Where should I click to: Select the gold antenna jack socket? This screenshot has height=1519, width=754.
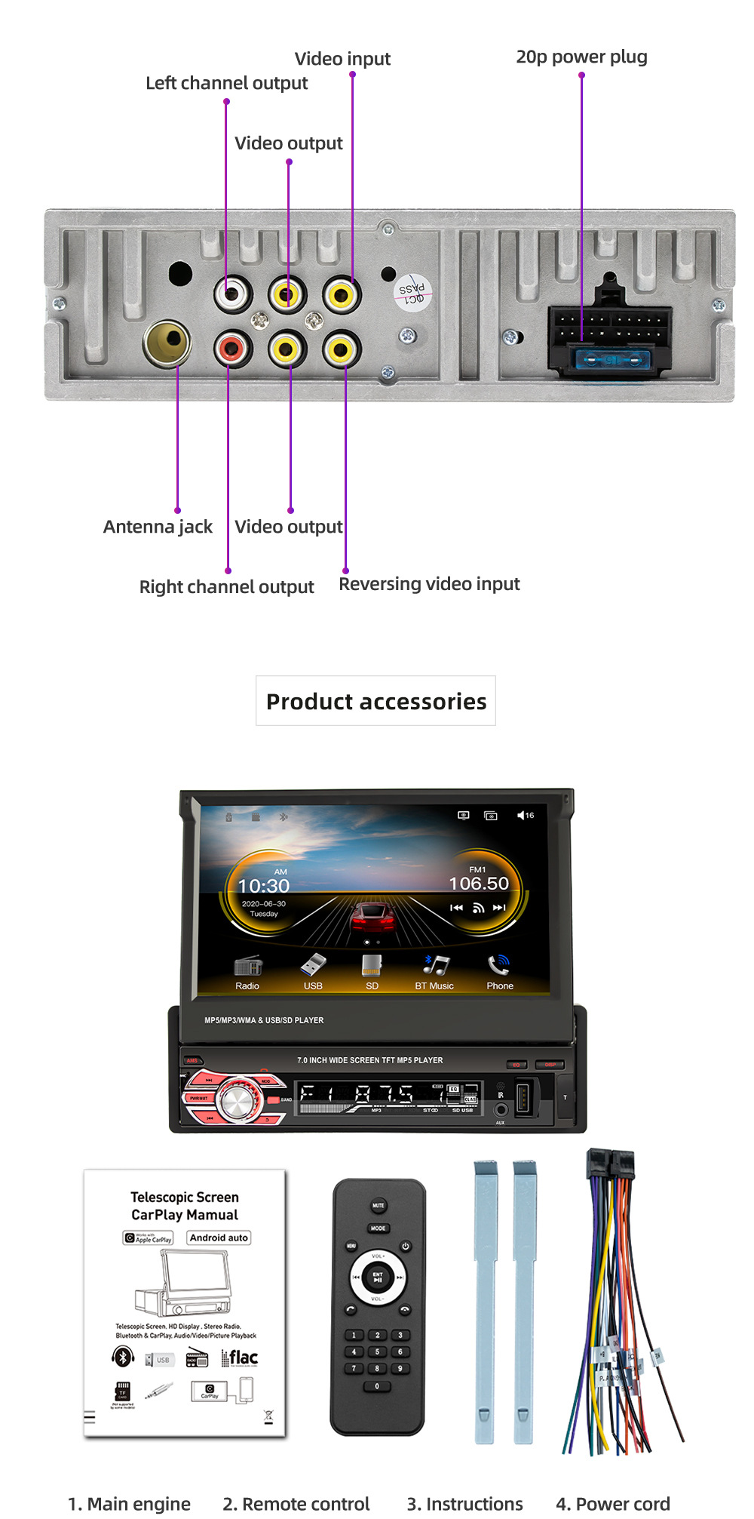pyautogui.click(x=167, y=344)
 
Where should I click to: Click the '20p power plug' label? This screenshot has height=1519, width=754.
pyautogui.click(x=581, y=57)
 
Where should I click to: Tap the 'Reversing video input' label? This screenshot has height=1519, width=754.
pyautogui.click(x=429, y=583)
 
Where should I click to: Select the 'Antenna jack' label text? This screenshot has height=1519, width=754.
pyautogui.click(x=158, y=526)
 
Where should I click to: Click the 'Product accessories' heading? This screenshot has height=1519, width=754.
pyautogui.click(x=376, y=701)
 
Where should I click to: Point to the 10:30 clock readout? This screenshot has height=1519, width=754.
pyautogui.click(x=264, y=886)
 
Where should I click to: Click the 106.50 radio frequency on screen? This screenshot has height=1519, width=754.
pyautogui.click(x=479, y=883)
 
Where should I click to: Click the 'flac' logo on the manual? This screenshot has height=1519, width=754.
pyautogui.click(x=241, y=1358)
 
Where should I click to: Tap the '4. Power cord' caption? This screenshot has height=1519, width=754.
pyautogui.click(x=612, y=1503)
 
